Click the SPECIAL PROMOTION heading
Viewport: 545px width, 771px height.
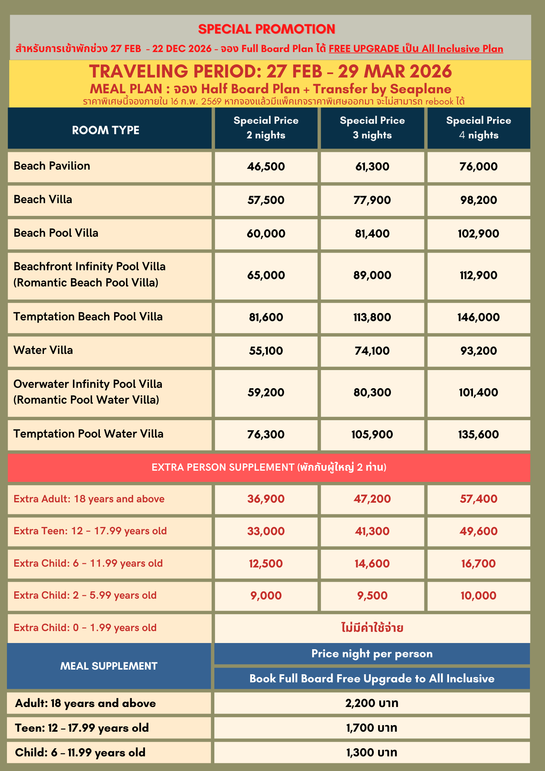click(267, 29)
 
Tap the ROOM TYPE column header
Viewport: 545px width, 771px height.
click(106, 130)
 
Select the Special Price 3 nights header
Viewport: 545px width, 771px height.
click(372, 128)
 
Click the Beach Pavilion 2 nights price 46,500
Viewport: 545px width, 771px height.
click(266, 167)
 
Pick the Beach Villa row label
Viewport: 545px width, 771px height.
click(43, 199)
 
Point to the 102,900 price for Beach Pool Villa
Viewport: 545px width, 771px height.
click(478, 234)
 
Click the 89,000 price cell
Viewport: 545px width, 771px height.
click(372, 275)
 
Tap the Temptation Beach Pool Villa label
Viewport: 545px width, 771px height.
click(88, 316)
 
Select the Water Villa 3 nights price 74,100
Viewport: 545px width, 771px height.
click(372, 351)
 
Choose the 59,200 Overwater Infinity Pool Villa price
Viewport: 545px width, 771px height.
click(266, 392)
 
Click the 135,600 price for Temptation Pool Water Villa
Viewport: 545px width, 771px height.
click(478, 434)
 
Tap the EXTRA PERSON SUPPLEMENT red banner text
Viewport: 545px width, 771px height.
click(269, 467)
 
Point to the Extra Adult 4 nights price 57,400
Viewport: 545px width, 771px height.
click(478, 499)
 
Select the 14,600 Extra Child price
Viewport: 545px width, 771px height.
click(372, 564)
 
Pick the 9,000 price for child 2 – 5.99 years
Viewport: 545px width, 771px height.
click(266, 596)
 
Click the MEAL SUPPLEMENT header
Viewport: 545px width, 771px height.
click(109, 666)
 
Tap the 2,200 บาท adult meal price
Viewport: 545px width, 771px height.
click(372, 703)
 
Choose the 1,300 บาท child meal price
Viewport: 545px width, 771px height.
click(372, 752)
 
